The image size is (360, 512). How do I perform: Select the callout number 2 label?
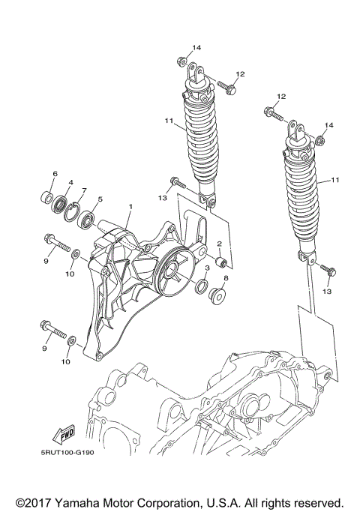pos(219,244)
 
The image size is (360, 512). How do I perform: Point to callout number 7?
pos(84,190)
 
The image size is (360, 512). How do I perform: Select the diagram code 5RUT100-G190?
pos(73,451)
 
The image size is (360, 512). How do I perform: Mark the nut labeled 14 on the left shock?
pos(181,60)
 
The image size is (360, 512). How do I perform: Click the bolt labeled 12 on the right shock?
pos(272,115)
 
